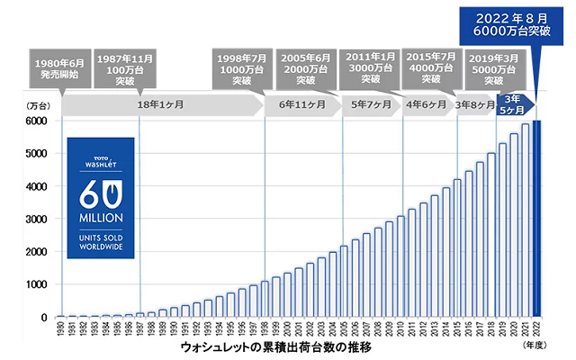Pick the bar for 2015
coord(458,248)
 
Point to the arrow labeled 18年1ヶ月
coord(162,104)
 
